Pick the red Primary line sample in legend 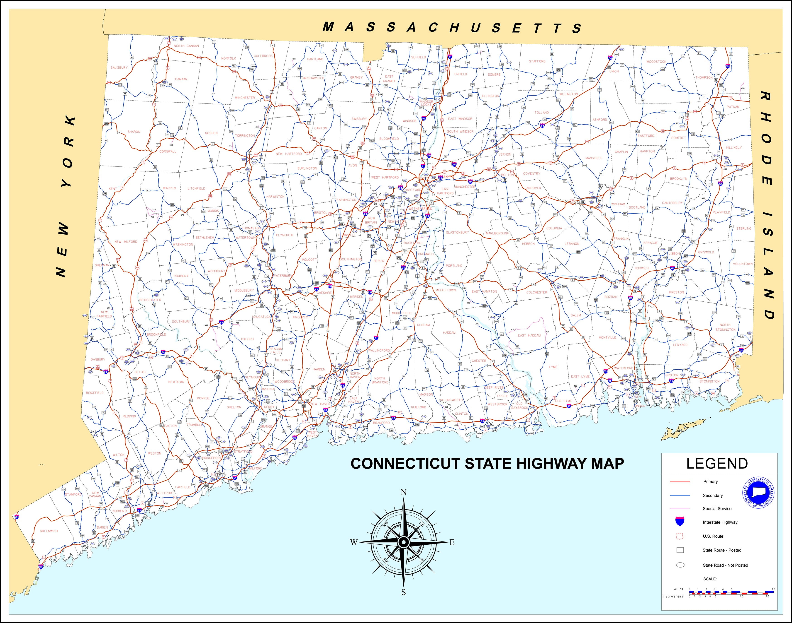point(680,482)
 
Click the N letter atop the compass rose point(404,492)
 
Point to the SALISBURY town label point(119,67)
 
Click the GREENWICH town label point(49,531)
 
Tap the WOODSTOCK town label point(656,62)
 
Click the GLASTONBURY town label point(457,232)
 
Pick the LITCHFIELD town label point(196,189)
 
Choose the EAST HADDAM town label point(529,335)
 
